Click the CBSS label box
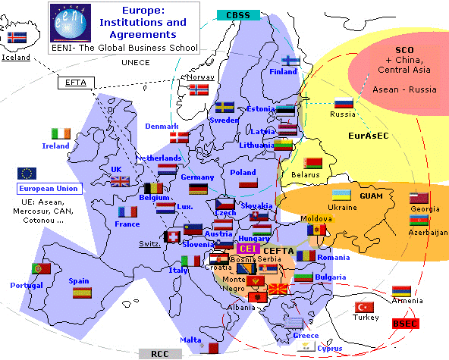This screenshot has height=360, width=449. click(x=238, y=14)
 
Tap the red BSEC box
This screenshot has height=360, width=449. click(x=405, y=324)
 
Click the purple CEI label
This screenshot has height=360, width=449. click(x=247, y=249)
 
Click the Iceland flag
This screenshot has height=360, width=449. click(x=15, y=37)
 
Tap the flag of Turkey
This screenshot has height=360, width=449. click(x=366, y=307)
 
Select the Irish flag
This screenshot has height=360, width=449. click(x=61, y=133)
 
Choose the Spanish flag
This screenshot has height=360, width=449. click(x=82, y=292)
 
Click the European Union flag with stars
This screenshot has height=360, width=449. click(x=27, y=174)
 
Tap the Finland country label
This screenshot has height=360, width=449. click(x=283, y=72)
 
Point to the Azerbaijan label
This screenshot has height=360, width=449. click(x=428, y=233)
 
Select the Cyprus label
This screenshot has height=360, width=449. click(x=329, y=349)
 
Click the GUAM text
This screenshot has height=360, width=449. click(x=372, y=196)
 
